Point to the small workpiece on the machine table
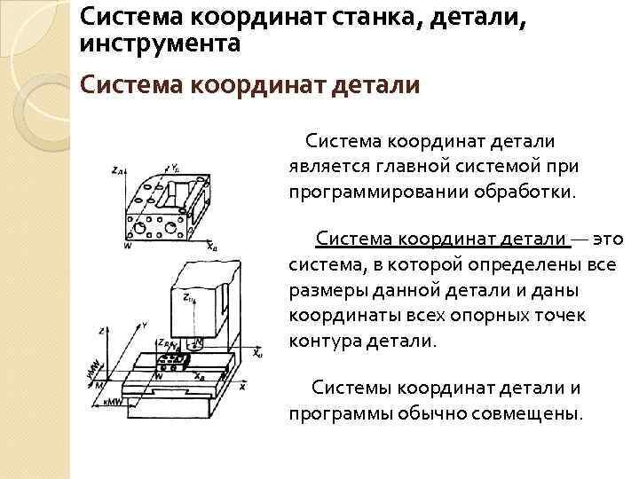[170, 361]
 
